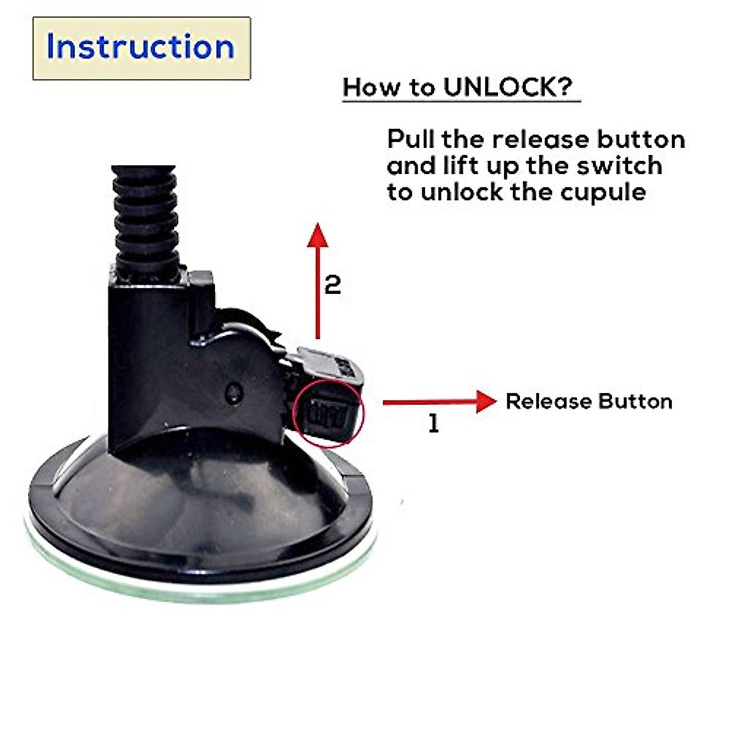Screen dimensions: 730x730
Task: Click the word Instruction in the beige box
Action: pyautogui.click(x=141, y=47)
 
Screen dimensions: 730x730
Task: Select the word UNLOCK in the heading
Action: pyautogui.click(x=499, y=87)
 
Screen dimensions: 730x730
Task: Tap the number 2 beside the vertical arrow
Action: pyautogui.click(x=332, y=285)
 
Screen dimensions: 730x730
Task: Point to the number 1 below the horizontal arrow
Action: pyautogui.click(x=433, y=423)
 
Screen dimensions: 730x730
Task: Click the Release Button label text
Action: pyautogui.click(x=589, y=401)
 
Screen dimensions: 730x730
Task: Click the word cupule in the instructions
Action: pyautogui.click(x=603, y=192)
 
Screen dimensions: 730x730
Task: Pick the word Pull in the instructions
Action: pyautogui.click(x=411, y=139)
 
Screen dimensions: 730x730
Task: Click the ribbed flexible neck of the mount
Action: pyautogui.click(x=145, y=219)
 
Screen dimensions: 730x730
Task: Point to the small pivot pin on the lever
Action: pyautogui.click(x=232, y=392)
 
